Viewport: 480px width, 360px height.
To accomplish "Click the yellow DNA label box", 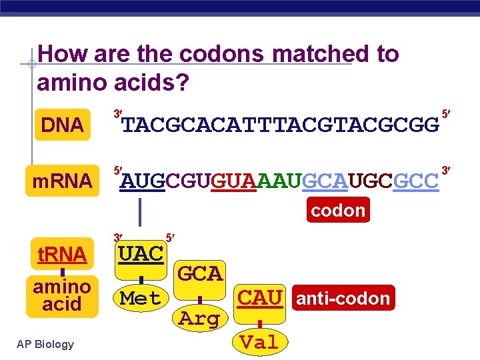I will pos(62,124).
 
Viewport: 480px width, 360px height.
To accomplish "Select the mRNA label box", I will pos(62,180).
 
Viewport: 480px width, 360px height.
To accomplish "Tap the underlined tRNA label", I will pos(62,254).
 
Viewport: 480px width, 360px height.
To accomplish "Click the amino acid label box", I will pos(62,295).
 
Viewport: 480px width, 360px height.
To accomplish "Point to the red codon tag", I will pos(338,210).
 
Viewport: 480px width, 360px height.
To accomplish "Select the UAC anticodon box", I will pos(140,253).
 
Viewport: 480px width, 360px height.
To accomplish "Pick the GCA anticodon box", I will pos(200,273).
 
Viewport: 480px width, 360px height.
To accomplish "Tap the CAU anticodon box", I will pos(261,297).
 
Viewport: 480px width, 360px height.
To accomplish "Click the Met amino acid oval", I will pos(140,298).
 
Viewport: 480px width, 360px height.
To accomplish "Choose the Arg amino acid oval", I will pos(199,319).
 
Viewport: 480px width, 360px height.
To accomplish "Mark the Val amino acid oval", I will pos(259,343).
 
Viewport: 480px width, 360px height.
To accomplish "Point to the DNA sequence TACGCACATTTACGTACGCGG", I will pos(280,125).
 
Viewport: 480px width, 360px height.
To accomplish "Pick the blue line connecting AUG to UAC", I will pos(140,211).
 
